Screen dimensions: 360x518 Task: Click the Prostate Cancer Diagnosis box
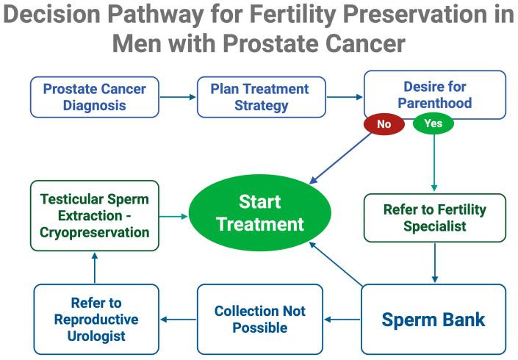94,97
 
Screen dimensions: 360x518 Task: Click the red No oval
384,125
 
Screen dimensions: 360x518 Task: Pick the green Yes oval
434,123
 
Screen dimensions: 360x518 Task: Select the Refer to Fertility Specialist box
434,218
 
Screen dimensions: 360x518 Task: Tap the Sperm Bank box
434,320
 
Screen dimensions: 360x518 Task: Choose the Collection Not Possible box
259,320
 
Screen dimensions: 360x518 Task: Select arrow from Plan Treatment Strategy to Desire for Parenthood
344,97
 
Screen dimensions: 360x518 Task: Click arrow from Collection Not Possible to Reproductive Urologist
178,320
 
